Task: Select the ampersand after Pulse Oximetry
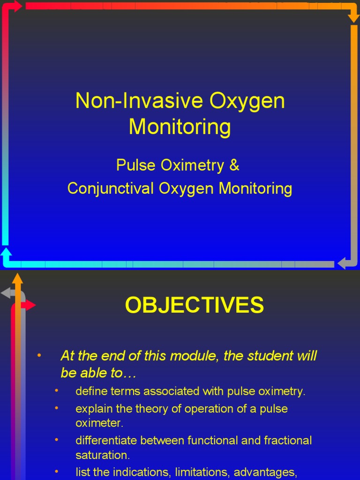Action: tap(234, 165)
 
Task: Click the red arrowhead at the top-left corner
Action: tap(17, 6)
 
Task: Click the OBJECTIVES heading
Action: tap(194, 306)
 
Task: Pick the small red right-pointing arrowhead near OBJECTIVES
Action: tap(30, 305)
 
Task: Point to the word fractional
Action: tap(288, 441)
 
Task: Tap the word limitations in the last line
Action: tap(202, 472)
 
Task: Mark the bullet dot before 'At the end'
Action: tap(39, 355)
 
